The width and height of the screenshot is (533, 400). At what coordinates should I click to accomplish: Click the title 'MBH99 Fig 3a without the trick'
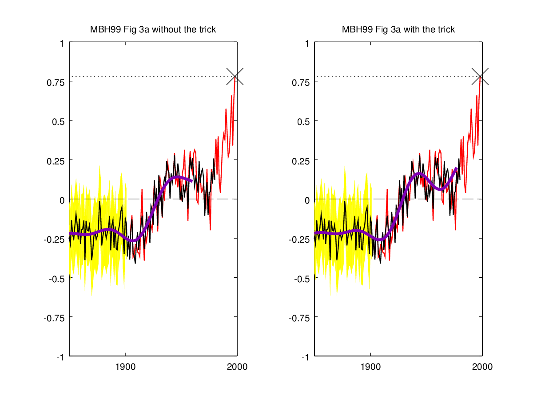click(153, 30)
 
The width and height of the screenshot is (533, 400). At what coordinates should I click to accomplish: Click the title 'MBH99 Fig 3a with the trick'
click(398, 30)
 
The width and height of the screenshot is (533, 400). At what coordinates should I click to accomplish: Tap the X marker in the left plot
click(235, 76)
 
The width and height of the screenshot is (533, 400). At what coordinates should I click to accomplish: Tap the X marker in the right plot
click(480, 76)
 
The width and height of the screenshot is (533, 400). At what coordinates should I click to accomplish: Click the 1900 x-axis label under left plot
click(125, 367)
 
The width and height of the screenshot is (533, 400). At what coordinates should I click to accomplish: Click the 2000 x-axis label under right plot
click(482, 367)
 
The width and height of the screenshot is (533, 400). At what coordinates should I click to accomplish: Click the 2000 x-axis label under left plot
click(237, 367)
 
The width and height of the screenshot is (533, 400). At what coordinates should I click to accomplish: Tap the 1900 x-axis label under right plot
click(370, 367)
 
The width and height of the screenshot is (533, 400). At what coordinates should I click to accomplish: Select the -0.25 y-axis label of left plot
click(55, 239)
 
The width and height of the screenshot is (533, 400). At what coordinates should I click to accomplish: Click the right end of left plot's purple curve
click(191, 181)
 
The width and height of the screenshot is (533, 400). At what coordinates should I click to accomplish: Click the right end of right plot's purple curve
click(456, 168)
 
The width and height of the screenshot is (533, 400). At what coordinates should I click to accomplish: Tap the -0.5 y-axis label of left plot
click(56, 279)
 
